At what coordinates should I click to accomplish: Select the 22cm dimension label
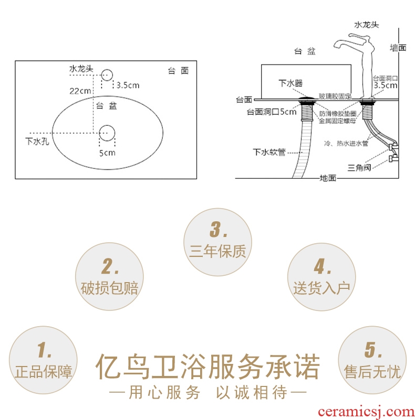coord(80,91)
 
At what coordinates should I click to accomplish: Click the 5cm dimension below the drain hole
coord(107,153)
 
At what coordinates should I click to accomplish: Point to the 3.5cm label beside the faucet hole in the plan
coord(128,85)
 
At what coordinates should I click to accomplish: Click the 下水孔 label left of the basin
coord(37,141)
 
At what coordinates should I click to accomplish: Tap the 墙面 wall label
coord(398,48)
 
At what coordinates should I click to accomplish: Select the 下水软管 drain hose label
coord(269,152)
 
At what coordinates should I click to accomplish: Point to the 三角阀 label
coord(359,168)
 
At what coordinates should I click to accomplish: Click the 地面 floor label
coord(328,178)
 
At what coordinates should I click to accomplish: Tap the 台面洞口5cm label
coord(272,112)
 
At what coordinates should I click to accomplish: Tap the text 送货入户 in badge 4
coord(321,288)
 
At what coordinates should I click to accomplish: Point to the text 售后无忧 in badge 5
coord(372,372)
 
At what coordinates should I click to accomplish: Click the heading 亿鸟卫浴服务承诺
coord(208,367)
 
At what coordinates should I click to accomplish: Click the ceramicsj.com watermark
coord(366,412)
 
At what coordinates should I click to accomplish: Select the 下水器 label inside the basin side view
coord(290,83)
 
